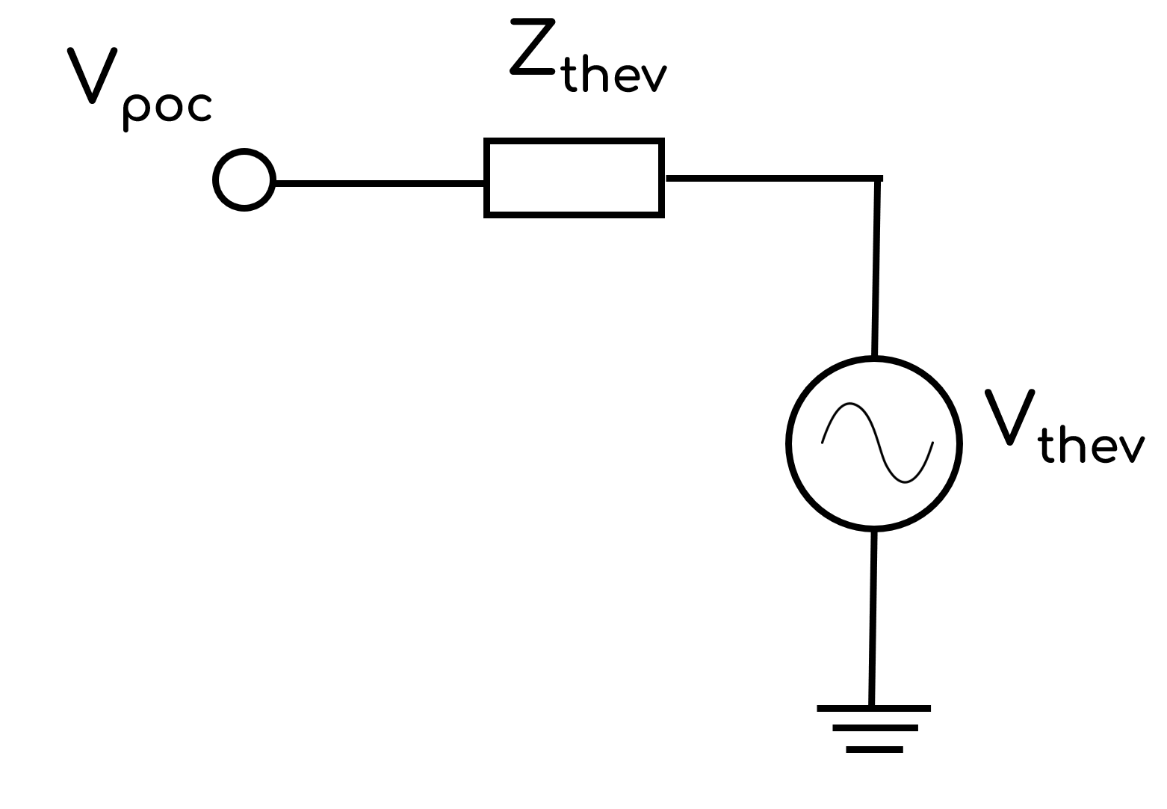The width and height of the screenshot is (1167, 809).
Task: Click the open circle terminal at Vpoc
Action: tap(244, 180)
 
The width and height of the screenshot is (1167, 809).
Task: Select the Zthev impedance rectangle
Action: tap(574, 178)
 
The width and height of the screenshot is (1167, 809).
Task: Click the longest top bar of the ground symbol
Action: tap(873, 707)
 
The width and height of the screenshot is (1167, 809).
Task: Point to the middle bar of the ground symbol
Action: tap(874, 728)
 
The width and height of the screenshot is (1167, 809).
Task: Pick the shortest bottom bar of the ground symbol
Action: tap(874, 749)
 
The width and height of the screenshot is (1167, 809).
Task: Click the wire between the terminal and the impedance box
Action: tap(380, 182)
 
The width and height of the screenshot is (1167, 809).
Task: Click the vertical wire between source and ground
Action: tap(873, 617)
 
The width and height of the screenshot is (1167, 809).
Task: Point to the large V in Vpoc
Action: tap(93, 75)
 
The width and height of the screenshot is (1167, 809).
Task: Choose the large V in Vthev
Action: tap(1009, 416)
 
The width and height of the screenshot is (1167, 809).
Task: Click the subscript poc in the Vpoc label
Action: tap(165, 109)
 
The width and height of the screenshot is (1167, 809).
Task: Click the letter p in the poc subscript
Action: tap(134, 111)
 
